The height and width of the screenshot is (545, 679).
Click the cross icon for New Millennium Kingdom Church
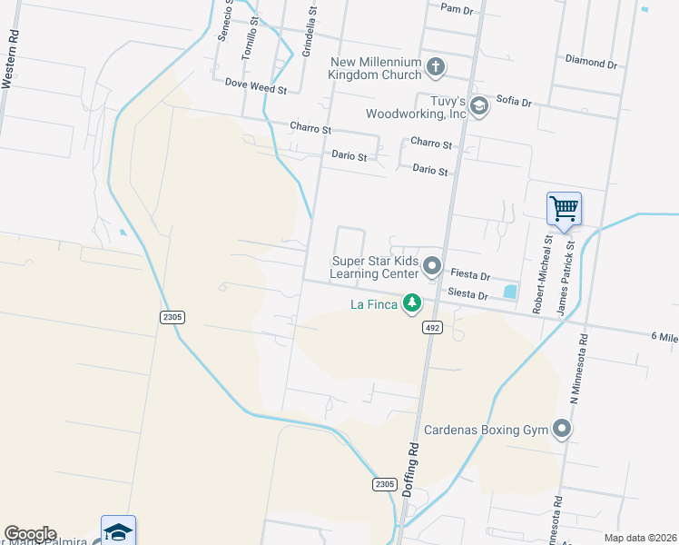[436, 66]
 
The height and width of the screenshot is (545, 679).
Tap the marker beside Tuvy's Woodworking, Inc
[478, 107]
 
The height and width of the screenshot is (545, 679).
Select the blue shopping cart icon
[564, 209]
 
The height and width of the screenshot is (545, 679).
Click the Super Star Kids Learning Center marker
[432, 267]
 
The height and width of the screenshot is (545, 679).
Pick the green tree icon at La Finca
[412, 302]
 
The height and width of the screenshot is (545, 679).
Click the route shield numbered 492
[432, 328]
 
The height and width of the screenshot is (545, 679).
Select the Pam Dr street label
[457, 9]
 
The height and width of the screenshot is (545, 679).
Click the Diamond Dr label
[590, 63]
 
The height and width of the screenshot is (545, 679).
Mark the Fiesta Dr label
[470, 274]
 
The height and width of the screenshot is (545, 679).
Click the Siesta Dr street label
[468, 294]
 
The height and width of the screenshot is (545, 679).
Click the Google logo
[30, 534]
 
